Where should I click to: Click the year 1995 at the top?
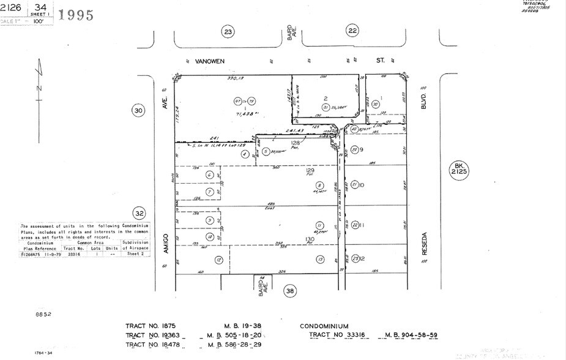[x=76, y=14]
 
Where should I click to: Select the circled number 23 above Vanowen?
[x=228, y=31]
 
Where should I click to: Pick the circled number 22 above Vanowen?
[x=352, y=31]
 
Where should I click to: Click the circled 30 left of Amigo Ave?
[x=138, y=110]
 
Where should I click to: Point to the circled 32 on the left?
[x=140, y=214]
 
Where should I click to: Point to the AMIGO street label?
[x=165, y=240]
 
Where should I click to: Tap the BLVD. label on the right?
[x=422, y=101]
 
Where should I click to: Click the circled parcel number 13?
[x=319, y=260]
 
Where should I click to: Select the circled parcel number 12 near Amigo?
[x=218, y=260]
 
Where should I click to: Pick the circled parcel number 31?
[x=326, y=108]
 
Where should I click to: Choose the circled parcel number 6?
[x=209, y=174]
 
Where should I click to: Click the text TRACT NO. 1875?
[x=151, y=327]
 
